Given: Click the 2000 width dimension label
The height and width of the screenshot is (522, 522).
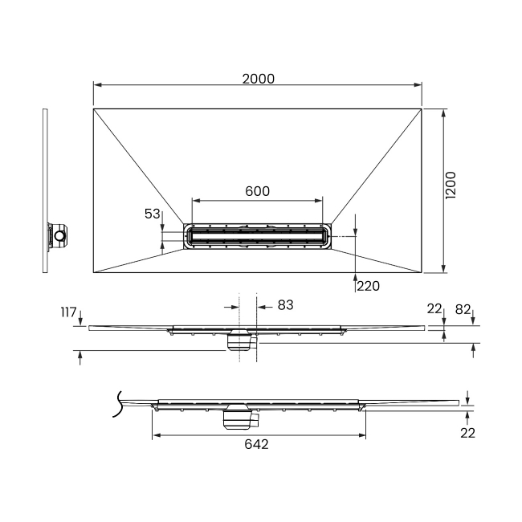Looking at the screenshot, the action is (259, 79).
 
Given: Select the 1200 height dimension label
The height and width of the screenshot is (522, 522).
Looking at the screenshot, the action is (451, 186).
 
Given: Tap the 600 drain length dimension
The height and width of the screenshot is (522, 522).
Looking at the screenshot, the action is (257, 191).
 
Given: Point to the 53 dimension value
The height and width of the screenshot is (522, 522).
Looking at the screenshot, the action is (152, 214).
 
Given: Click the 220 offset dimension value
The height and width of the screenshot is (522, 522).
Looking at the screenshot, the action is (368, 286).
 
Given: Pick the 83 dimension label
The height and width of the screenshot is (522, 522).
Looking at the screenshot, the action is (285, 305).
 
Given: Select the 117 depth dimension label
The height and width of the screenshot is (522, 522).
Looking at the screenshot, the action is (68, 312).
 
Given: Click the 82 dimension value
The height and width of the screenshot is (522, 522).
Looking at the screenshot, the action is (463, 310).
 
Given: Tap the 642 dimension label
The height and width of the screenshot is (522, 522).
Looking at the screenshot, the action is (256, 444).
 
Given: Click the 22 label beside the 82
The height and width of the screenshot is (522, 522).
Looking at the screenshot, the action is (434, 309).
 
